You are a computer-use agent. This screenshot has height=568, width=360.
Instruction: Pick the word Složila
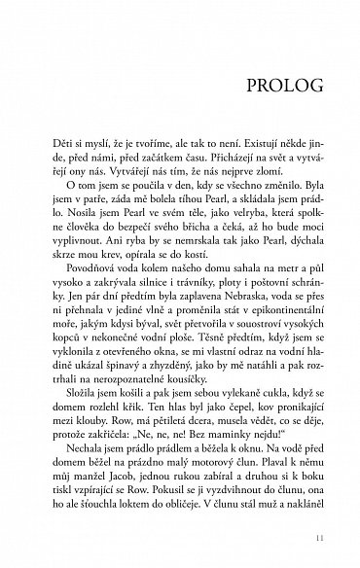(x=79, y=385)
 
